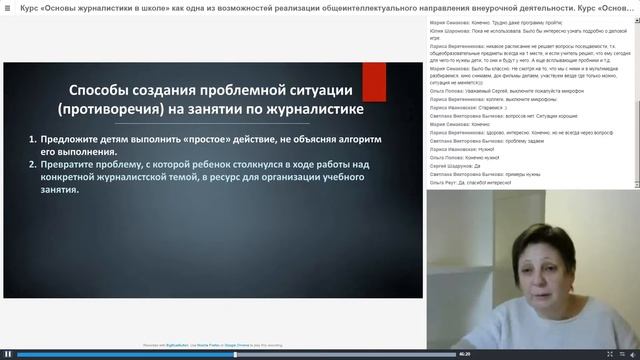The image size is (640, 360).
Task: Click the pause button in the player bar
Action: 8,354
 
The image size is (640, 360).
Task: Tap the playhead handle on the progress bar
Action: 235,354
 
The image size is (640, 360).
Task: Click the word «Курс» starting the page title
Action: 30,7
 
